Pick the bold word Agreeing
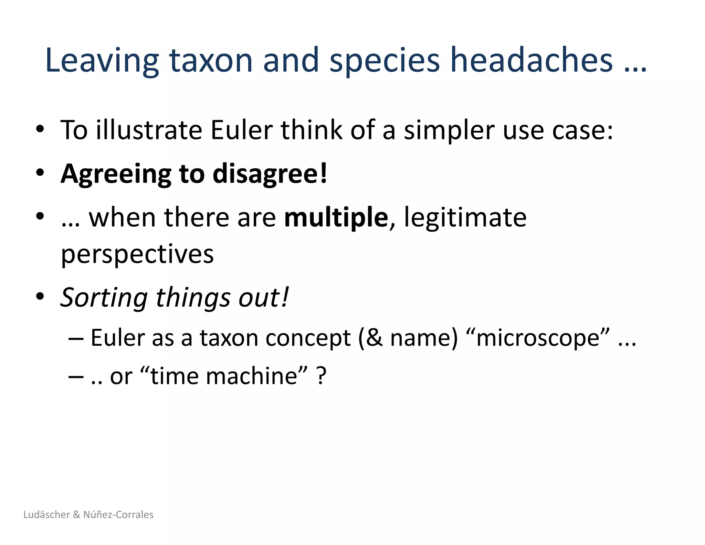point(116,174)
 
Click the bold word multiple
point(336,218)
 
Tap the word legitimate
point(465,218)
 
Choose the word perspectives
point(137,255)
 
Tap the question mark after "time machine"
point(321,376)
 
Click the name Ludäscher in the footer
point(47,514)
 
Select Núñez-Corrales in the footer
point(118,514)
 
